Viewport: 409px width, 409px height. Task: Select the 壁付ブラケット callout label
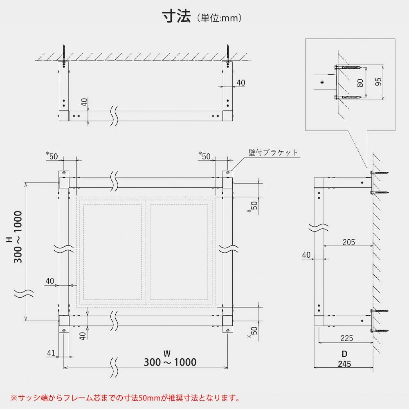[x=273, y=153]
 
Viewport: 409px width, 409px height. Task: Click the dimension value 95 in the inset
[x=378, y=82]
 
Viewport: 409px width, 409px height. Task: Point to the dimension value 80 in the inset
[x=360, y=83]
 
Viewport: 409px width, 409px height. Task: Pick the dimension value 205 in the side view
[x=348, y=242]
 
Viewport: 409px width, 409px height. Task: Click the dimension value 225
[x=346, y=338]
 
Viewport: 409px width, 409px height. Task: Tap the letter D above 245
[x=344, y=353]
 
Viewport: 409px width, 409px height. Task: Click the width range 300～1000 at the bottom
[x=170, y=362]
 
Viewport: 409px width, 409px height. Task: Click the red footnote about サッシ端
[x=125, y=397]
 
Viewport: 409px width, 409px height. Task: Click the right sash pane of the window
[x=179, y=252]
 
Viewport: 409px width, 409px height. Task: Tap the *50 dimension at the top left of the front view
[x=52, y=156]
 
